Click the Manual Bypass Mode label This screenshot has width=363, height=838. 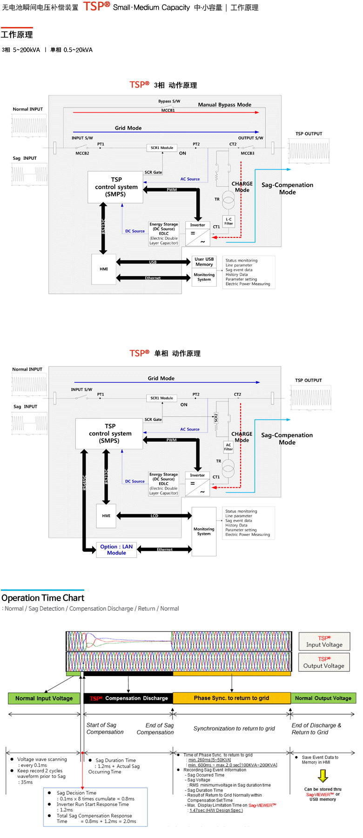[224, 105]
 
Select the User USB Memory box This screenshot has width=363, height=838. [204, 262]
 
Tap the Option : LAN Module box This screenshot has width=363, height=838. [116, 550]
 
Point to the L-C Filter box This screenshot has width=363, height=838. [229, 221]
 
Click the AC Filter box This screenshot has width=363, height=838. [228, 447]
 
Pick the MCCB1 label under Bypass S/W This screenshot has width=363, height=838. [168, 110]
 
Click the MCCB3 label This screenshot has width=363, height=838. [247, 153]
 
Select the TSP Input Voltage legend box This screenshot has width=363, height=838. [324, 642]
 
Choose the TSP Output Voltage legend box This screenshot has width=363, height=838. [324, 662]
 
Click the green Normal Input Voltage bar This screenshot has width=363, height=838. [44, 698]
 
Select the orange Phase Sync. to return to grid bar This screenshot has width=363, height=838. [231, 698]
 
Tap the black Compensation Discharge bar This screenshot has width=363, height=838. [128, 698]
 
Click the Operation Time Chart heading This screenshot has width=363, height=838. [43, 598]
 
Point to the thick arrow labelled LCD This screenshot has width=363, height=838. [154, 515]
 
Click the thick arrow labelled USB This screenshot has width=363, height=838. [153, 262]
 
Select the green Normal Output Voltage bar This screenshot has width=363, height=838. [323, 698]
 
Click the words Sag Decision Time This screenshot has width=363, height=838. [76, 793]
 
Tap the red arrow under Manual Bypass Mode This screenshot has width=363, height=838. [166, 112]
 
